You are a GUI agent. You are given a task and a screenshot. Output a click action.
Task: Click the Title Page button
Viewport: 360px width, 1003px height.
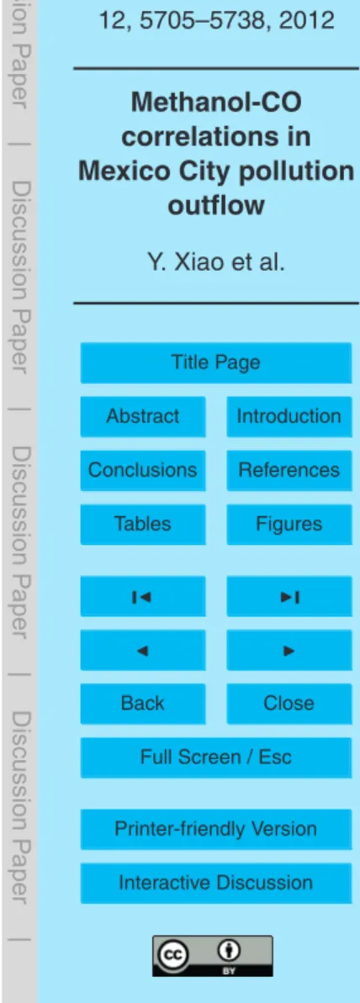[215, 362]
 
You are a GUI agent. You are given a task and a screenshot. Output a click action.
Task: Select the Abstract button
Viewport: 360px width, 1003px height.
[143, 416]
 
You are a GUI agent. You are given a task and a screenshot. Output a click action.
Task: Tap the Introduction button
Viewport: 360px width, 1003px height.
[289, 416]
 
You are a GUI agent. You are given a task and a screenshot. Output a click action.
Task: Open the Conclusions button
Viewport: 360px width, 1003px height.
[143, 470]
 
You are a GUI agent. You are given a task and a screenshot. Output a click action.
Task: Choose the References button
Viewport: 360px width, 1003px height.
[289, 470]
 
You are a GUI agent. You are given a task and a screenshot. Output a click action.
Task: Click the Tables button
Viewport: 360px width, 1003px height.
[143, 524]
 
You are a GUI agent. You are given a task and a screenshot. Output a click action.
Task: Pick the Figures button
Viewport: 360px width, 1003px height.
[289, 524]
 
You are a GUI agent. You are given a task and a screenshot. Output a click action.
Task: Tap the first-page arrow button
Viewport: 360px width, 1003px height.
[143, 595]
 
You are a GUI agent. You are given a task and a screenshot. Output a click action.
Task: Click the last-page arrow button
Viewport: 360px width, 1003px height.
[289, 595]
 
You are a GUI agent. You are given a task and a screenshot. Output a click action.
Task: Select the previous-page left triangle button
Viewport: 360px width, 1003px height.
[143, 649]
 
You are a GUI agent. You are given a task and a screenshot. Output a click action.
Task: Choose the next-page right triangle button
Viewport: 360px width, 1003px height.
[289, 649]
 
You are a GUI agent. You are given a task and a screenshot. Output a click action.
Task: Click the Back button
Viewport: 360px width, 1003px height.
[143, 703]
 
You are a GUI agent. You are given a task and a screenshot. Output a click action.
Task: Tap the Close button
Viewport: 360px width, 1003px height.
[289, 703]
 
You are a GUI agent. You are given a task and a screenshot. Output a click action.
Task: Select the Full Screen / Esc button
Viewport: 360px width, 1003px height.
[215, 757]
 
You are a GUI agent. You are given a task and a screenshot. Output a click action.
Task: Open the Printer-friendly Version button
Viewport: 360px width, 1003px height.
[215, 828]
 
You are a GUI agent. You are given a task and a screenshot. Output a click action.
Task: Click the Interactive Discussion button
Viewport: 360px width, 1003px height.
[215, 882]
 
